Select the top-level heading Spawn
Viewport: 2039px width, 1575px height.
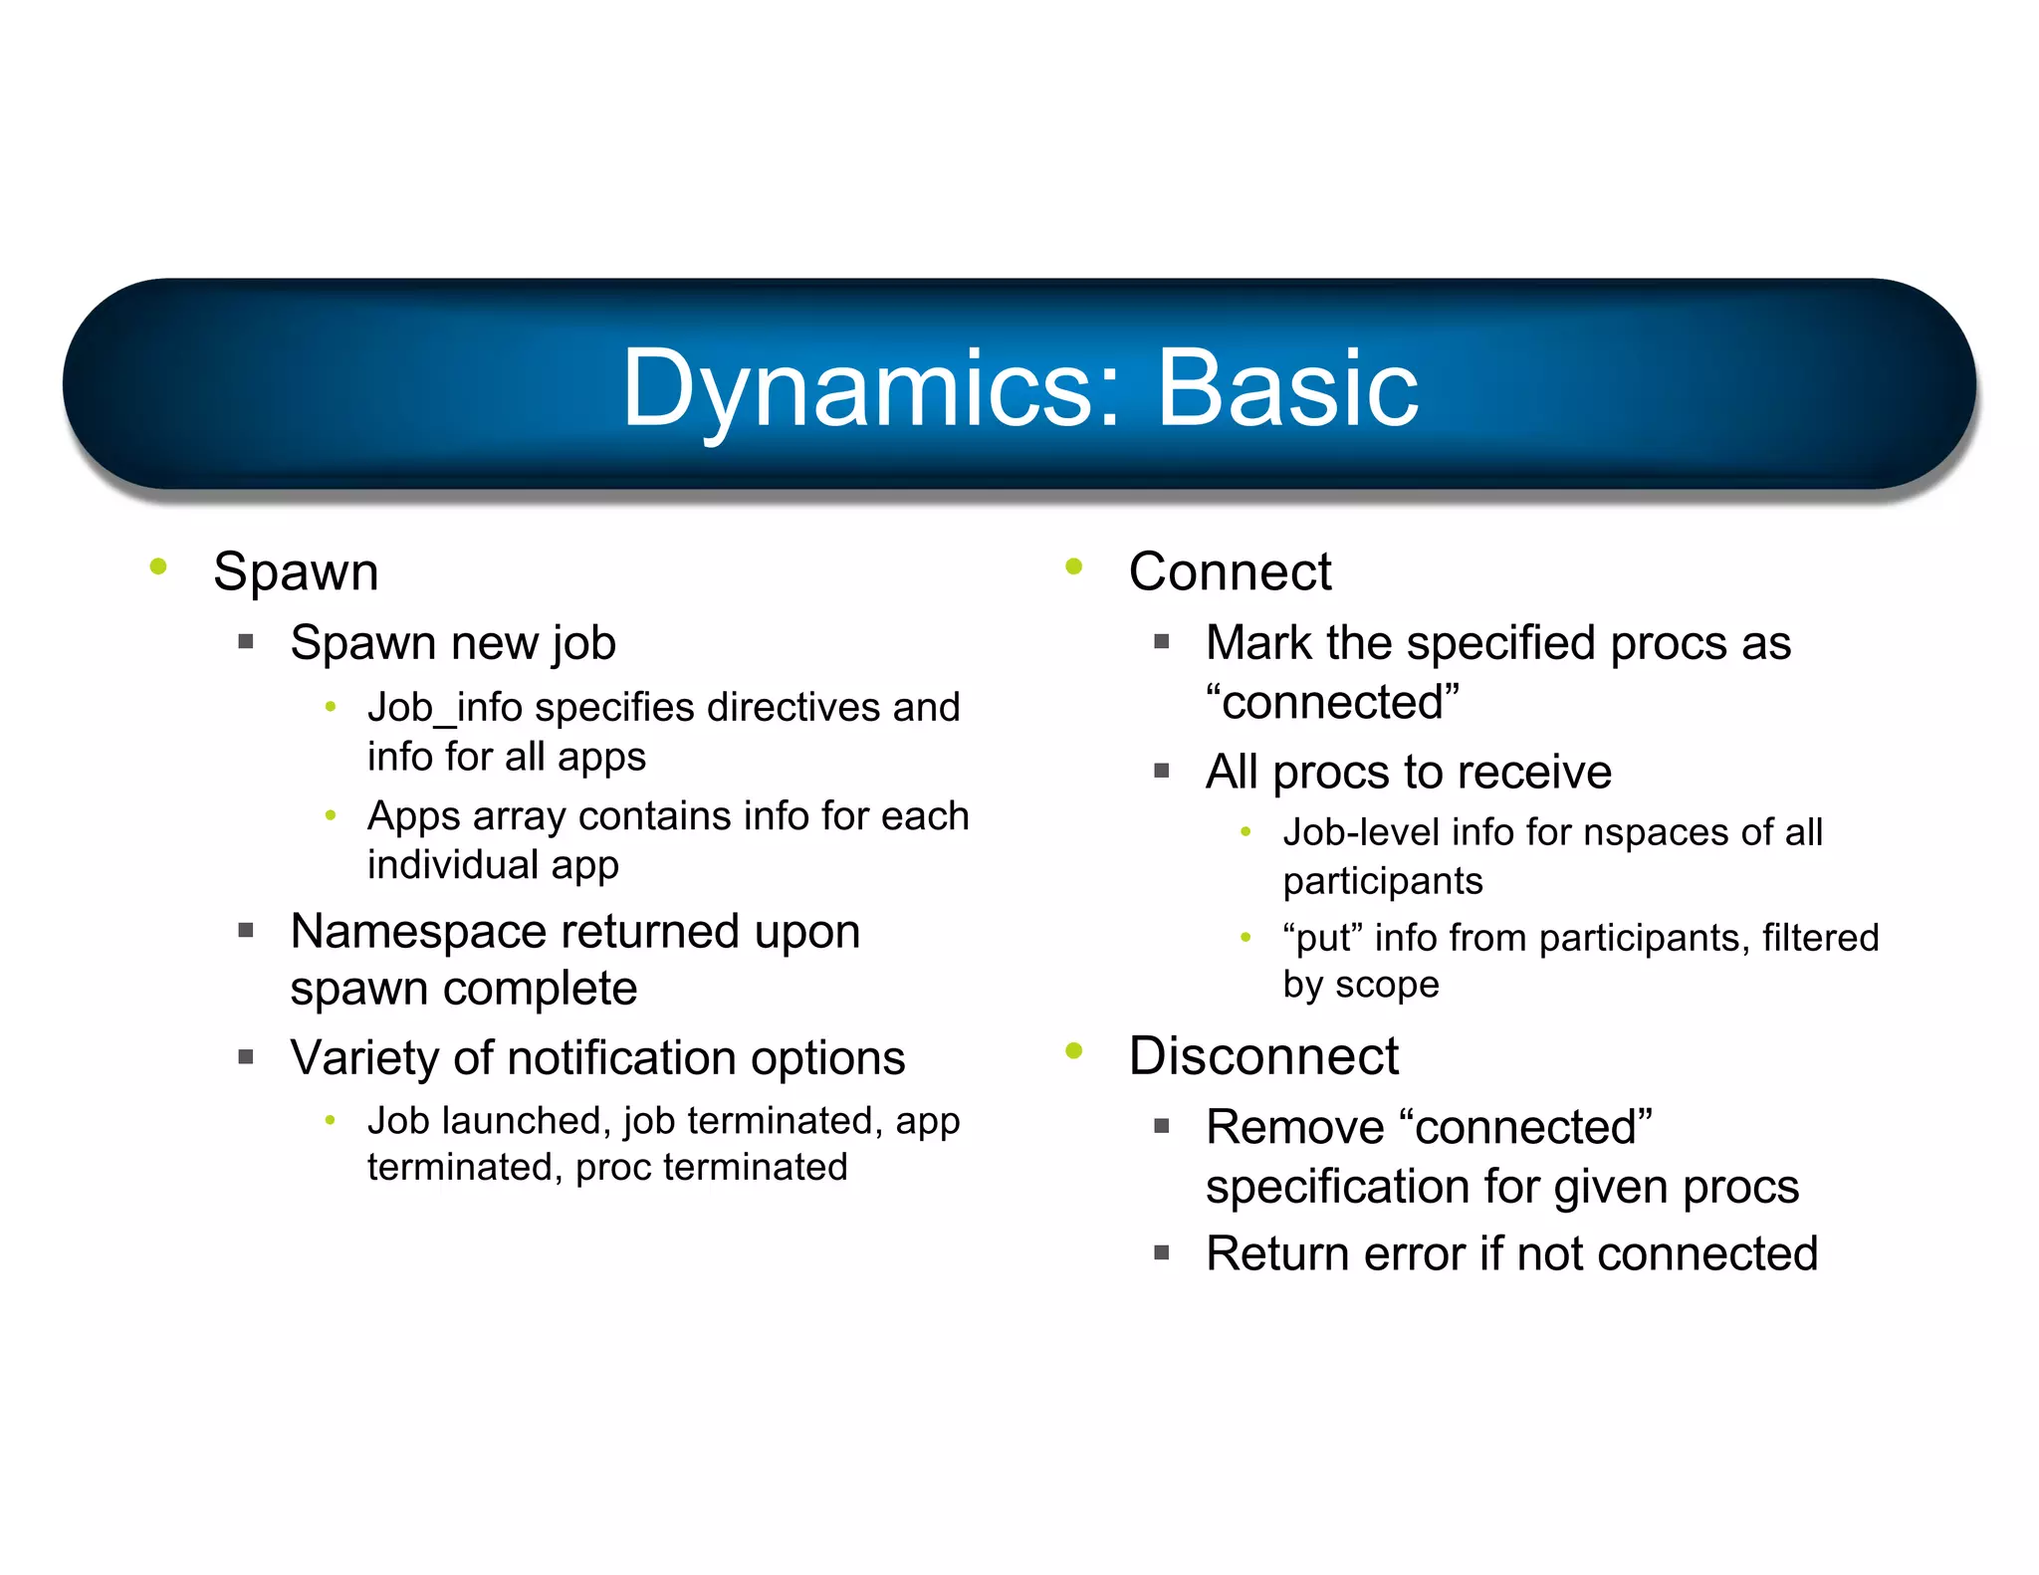click(x=296, y=572)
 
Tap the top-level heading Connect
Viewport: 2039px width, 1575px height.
click(x=1230, y=572)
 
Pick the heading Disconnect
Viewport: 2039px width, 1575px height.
click(x=1263, y=1056)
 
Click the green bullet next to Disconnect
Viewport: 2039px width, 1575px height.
click(x=1073, y=1051)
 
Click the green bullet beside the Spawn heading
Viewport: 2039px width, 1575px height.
click(x=157, y=567)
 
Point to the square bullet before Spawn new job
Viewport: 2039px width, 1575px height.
click(x=246, y=643)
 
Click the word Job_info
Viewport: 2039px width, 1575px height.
click(x=444, y=708)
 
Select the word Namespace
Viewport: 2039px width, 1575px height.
click(x=418, y=932)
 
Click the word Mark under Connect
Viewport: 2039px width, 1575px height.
click(x=1258, y=643)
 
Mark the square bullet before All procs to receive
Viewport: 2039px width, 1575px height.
click(x=1161, y=771)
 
